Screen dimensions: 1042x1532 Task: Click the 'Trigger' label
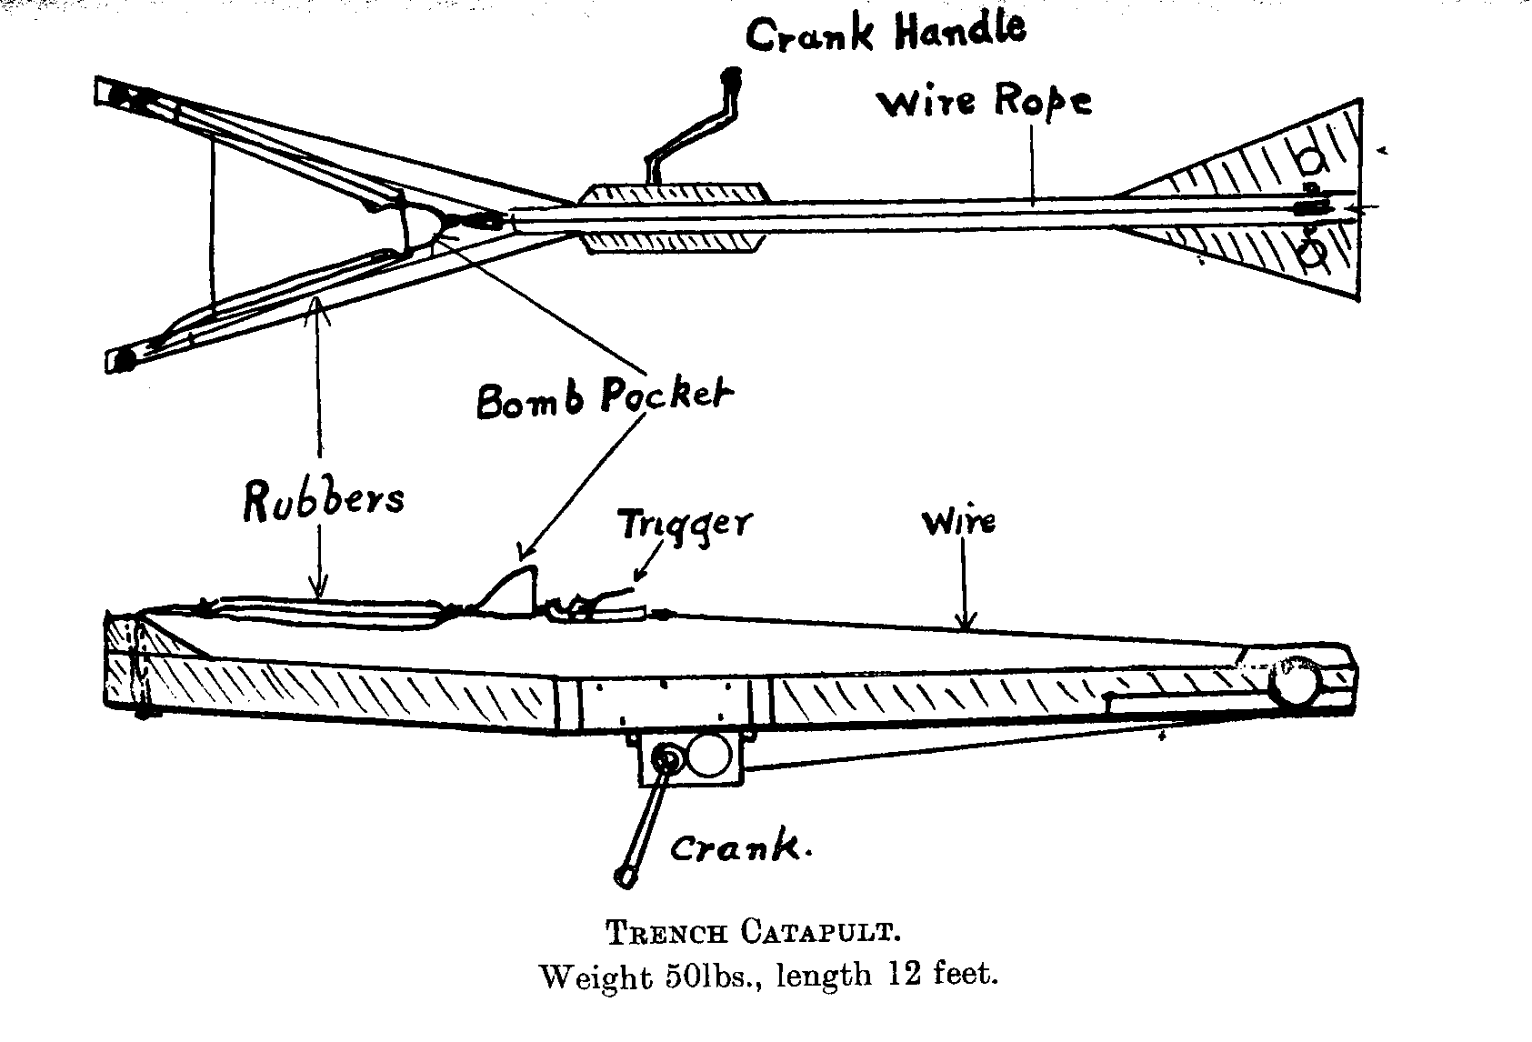tap(685, 525)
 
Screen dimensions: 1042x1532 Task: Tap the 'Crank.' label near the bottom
tap(740, 849)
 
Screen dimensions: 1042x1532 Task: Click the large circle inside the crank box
tap(709, 756)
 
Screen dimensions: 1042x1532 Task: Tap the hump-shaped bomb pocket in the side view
tap(515, 591)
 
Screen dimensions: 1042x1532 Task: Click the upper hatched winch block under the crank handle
tap(673, 194)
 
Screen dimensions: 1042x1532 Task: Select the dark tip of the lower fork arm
tap(122, 361)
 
